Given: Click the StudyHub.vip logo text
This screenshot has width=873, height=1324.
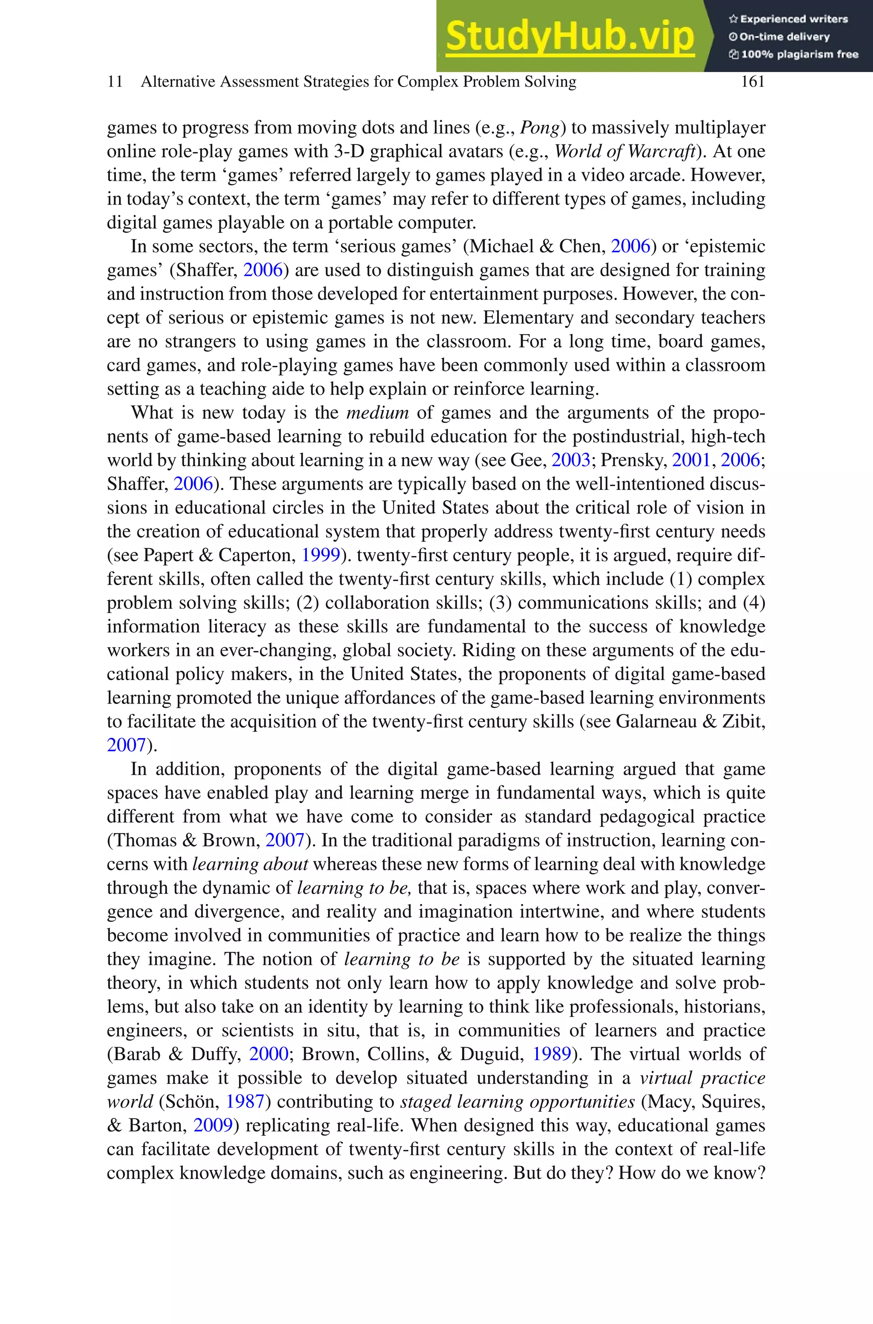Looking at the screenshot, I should [569, 36].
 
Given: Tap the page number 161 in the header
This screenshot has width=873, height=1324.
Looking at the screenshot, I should [752, 82].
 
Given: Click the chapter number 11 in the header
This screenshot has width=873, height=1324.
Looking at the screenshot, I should [115, 82].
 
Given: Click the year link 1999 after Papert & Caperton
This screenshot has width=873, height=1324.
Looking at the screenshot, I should [320, 555].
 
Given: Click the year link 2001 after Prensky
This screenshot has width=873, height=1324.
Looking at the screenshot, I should [691, 460].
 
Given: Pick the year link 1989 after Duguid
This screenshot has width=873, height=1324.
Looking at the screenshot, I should [552, 1054].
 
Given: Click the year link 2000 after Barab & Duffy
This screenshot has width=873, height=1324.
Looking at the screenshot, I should [269, 1054].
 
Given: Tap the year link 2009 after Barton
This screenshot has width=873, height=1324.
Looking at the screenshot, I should [212, 1125].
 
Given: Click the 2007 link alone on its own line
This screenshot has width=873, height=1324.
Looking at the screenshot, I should [126, 745].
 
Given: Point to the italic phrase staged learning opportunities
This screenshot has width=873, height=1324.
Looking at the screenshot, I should [517, 1102].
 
